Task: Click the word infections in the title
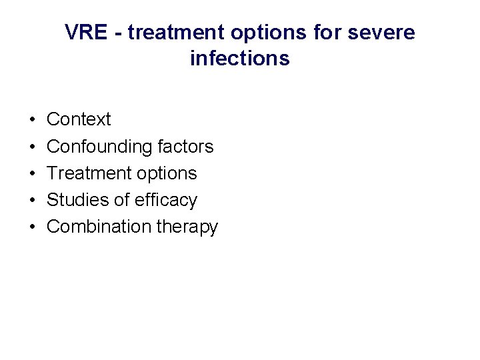point(239,59)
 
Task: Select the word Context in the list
point(79,120)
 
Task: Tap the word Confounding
point(99,147)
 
